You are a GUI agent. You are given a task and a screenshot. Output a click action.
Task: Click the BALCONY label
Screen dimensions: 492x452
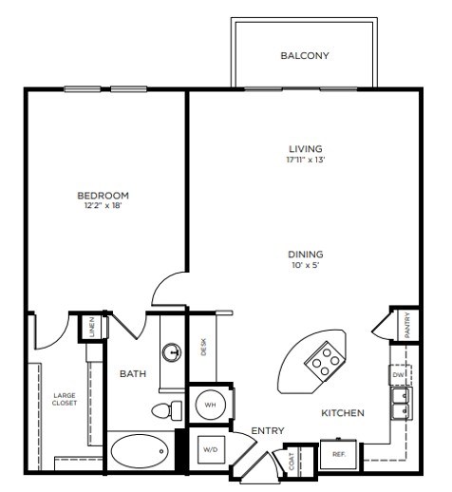pos(305,56)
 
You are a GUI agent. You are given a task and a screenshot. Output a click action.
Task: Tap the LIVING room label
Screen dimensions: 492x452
pos(306,149)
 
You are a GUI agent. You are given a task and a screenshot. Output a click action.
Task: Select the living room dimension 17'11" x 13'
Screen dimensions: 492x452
pos(306,161)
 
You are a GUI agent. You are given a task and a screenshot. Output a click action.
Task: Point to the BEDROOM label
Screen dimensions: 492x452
pos(103,195)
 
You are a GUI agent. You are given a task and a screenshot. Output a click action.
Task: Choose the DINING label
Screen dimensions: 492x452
pos(307,254)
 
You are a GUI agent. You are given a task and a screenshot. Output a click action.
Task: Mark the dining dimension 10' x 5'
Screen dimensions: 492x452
pos(307,267)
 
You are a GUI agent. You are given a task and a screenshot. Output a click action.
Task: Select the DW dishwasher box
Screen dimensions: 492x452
pos(398,376)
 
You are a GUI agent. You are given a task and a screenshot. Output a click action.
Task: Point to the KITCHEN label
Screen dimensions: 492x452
pos(344,413)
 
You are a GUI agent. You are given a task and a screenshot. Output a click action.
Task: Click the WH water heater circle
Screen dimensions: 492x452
pos(209,406)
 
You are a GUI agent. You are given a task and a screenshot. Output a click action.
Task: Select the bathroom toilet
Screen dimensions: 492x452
pos(165,411)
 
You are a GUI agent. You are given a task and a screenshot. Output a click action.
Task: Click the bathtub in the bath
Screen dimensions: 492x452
pos(139,450)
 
